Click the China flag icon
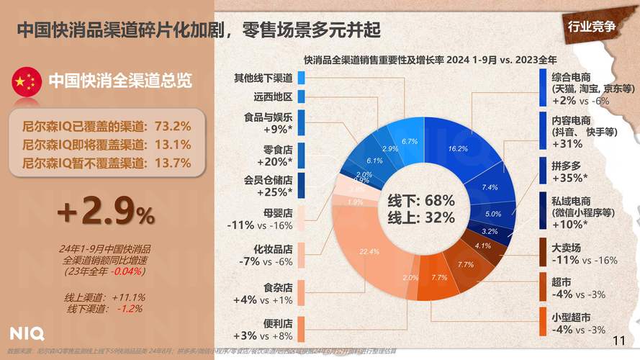tap(27, 81)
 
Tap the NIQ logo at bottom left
tap(27, 333)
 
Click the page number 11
tap(618, 341)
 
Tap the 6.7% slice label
tap(410, 141)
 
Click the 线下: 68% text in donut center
tap(421, 200)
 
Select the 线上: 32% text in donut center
tap(421, 217)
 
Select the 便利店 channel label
tap(275, 323)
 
